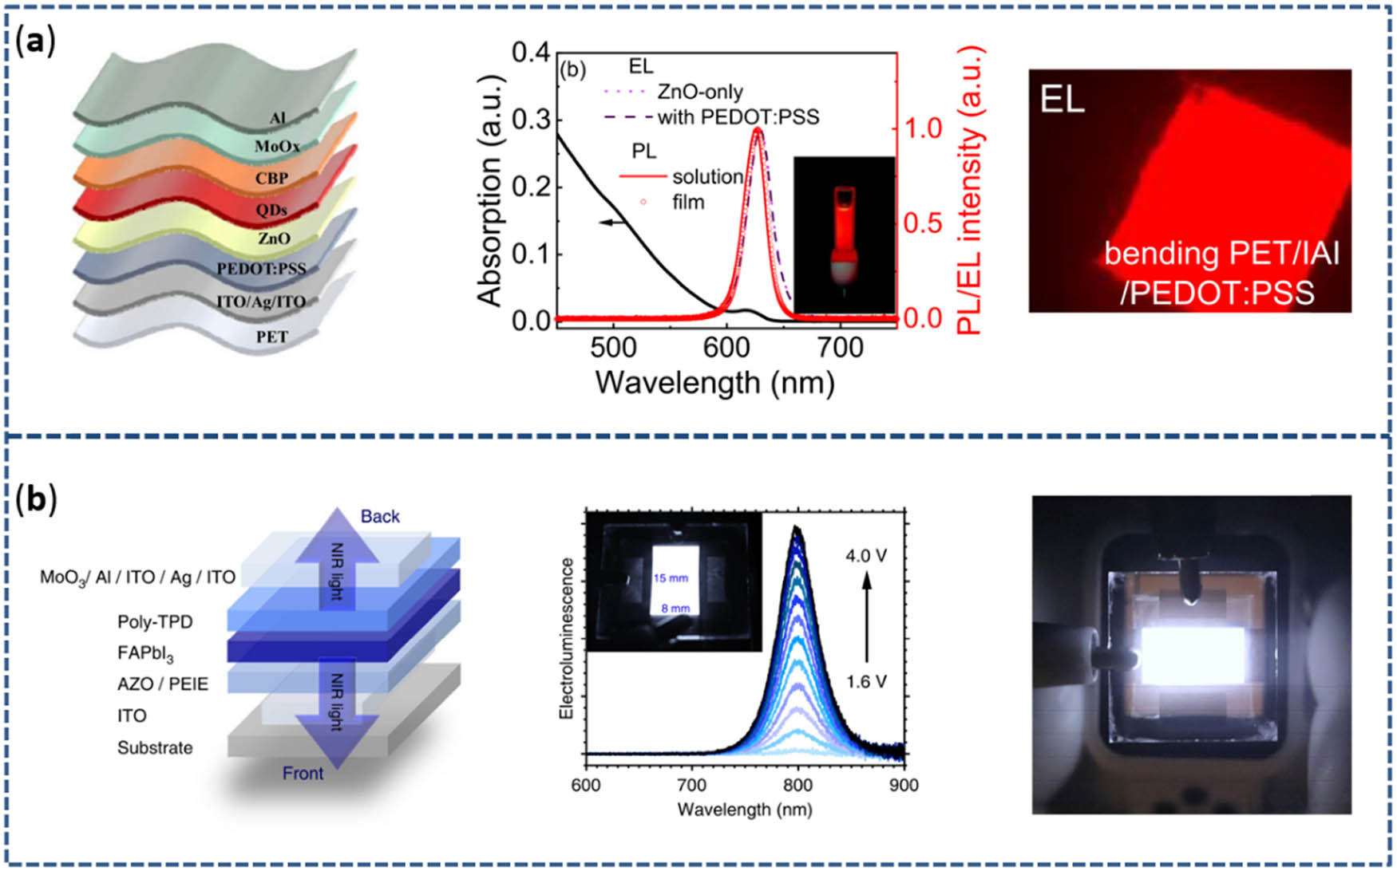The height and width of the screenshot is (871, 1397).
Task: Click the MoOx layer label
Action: coord(277,147)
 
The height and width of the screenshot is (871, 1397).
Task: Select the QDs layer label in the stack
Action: coord(271,210)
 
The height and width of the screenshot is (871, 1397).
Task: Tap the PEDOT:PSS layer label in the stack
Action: coord(261,269)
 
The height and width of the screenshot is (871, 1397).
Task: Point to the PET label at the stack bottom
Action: coord(271,337)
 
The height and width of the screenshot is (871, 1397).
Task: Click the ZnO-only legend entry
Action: coord(699,93)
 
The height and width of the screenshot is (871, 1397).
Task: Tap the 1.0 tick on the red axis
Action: coord(924,128)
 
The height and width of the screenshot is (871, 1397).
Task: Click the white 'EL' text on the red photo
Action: coord(1062,100)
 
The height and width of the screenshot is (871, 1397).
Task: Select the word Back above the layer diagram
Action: coord(380,516)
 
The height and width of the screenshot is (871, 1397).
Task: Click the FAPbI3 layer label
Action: coord(144,654)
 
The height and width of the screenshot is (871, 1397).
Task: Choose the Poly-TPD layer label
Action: coord(155,621)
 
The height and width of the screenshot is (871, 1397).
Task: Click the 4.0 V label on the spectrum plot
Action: coord(866,555)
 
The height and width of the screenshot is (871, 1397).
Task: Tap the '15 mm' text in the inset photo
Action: coord(671,577)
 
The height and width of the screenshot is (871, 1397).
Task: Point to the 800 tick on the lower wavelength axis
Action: coord(797,785)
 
